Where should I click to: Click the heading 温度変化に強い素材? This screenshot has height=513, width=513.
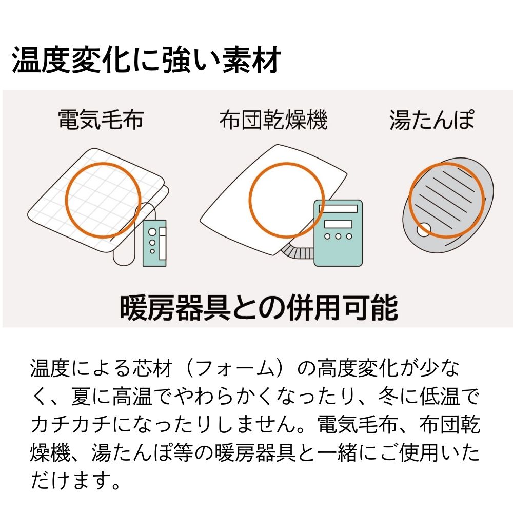(146, 60)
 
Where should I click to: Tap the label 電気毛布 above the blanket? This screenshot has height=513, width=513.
(101, 119)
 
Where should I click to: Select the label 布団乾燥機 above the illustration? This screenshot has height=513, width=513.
(273, 120)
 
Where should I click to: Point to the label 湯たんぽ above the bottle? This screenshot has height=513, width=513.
(432, 120)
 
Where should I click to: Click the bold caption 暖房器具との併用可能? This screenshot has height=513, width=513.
(259, 307)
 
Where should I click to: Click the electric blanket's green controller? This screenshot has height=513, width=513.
(155, 243)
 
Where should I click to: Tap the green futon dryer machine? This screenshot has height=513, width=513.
(338, 233)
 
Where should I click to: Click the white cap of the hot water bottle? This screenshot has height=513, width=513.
(424, 230)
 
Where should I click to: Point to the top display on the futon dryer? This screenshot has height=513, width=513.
(338, 209)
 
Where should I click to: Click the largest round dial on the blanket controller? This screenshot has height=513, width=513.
(152, 232)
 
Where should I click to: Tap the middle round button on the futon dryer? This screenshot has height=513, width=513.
(338, 236)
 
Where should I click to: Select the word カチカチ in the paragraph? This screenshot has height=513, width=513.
(71, 425)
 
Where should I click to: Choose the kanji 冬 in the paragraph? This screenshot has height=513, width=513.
(388, 397)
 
